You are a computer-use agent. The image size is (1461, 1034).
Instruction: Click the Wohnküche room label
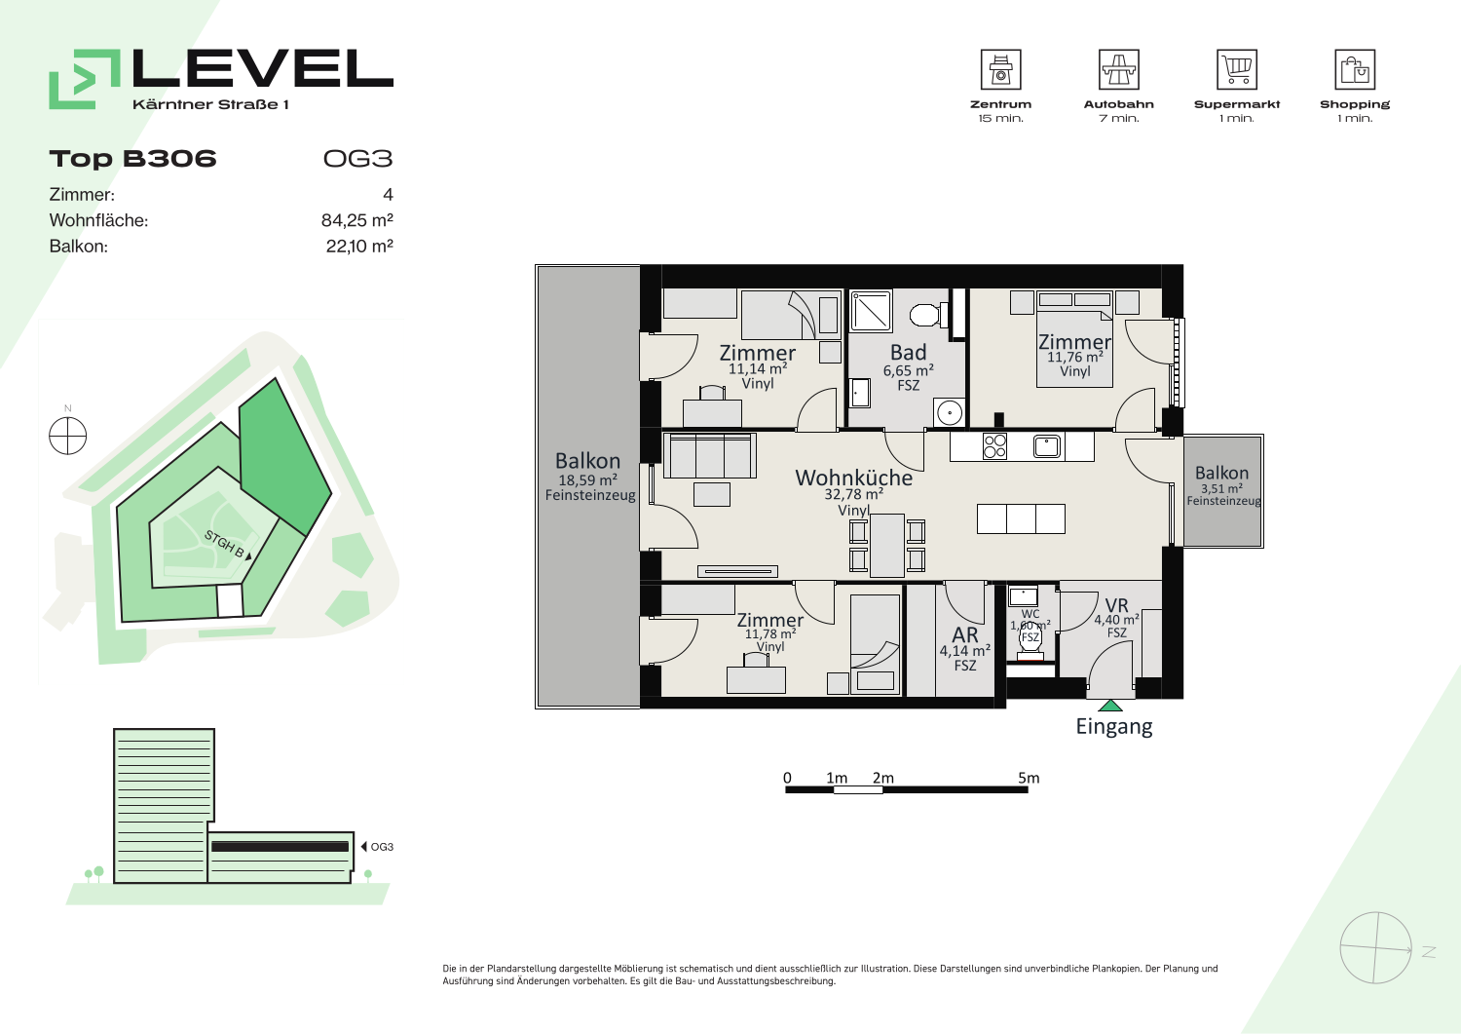click(x=853, y=478)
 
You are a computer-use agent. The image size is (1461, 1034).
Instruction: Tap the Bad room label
click(x=908, y=353)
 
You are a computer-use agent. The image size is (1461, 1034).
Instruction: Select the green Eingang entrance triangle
click(x=1110, y=706)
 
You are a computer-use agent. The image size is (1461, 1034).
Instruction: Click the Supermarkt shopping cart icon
click(x=1237, y=69)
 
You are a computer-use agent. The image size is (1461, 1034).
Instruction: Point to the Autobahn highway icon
click(x=1118, y=69)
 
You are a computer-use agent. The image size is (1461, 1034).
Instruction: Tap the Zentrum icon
click(x=1000, y=69)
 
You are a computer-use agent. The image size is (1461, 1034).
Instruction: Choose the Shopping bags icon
click(x=1355, y=69)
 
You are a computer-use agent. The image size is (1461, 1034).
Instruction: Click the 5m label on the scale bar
click(x=1029, y=778)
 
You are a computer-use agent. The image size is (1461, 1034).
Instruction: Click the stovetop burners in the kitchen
click(x=994, y=446)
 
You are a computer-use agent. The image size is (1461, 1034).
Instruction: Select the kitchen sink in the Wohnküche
click(x=1046, y=446)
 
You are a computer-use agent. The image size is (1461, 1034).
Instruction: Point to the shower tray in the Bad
click(x=871, y=312)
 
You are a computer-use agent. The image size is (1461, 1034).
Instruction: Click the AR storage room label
click(x=964, y=634)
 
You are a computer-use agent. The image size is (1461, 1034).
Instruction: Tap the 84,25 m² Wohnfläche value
click(x=356, y=220)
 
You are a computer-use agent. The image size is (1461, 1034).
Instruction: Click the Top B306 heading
click(x=132, y=159)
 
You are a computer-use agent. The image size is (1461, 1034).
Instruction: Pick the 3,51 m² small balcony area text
click(x=1221, y=488)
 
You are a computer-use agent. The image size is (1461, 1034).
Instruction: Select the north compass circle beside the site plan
click(x=68, y=436)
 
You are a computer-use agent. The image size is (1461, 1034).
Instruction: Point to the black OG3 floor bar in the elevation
click(x=280, y=847)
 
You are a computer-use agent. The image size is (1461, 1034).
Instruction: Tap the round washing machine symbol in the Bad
click(x=950, y=412)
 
